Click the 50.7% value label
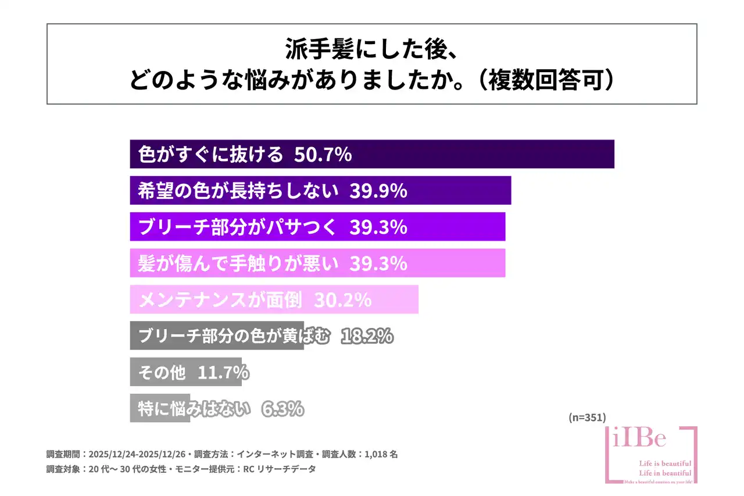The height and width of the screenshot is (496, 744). (x=323, y=155)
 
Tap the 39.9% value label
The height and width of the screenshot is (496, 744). (x=378, y=191)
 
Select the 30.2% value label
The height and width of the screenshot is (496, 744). (x=342, y=299)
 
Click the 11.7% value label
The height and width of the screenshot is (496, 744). (x=224, y=372)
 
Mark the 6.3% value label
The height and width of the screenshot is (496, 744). (x=282, y=408)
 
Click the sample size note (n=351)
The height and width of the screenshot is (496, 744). (x=586, y=417)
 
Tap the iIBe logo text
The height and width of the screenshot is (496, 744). (x=639, y=439)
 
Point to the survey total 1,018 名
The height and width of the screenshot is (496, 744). (x=382, y=454)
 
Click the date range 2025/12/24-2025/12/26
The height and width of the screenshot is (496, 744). (x=140, y=454)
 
